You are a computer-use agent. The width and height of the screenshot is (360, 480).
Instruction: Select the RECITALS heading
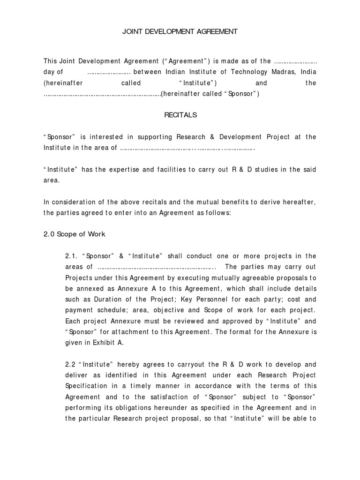point(180,115)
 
